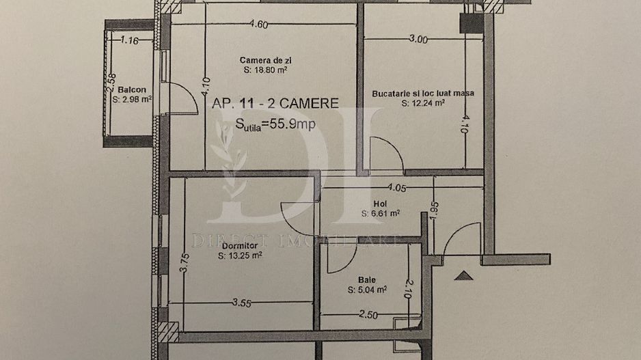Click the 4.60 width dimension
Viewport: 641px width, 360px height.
(x=258, y=25)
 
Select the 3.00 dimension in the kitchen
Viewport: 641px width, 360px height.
(x=418, y=40)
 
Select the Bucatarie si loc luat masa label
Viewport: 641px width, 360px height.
(x=423, y=94)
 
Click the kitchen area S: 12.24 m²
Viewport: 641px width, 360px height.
(x=424, y=104)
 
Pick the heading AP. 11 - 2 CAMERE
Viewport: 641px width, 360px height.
(x=275, y=103)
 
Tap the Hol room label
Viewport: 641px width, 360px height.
(x=379, y=203)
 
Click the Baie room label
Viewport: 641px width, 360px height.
(x=366, y=279)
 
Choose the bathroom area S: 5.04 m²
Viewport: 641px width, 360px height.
(x=367, y=289)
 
